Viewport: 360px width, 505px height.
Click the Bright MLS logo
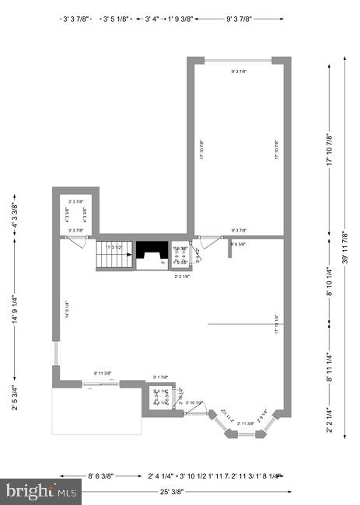[x=40, y=490]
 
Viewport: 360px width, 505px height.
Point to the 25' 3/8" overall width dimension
[x=172, y=491]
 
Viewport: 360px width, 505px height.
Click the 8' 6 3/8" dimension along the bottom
[x=100, y=475]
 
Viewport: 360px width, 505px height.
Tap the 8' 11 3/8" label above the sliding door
[x=103, y=374]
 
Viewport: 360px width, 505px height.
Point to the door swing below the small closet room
[x=77, y=242]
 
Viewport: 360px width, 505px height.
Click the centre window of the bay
[x=246, y=434]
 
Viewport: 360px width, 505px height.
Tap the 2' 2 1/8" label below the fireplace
[x=183, y=276]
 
